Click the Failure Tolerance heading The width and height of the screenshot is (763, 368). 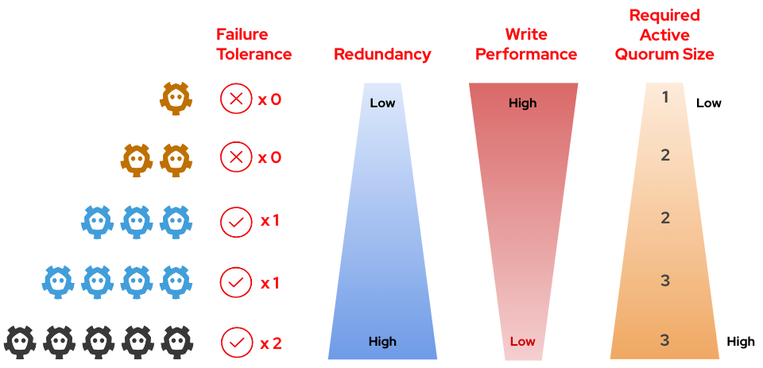click(254, 45)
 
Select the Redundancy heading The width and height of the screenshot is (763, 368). click(382, 55)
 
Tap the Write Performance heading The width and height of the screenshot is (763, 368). click(524, 45)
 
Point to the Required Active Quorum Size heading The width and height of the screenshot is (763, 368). click(664, 35)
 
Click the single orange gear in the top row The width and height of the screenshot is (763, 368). click(176, 99)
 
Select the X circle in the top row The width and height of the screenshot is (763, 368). click(235, 99)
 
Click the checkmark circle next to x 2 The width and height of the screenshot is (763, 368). click(235, 343)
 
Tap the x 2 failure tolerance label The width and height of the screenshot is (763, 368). click(271, 343)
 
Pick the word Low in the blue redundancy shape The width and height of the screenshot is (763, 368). click(382, 103)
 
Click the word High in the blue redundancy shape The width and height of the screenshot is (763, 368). click(382, 342)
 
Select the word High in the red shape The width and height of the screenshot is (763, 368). click(523, 103)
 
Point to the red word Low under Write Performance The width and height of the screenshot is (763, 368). click(522, 342)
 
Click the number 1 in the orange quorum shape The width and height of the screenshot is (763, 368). click(665, 97)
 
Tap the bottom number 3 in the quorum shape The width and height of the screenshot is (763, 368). click(665, 340)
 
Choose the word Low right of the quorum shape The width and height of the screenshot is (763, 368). click(709, 103)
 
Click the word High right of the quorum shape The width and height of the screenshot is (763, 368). click(741, 342)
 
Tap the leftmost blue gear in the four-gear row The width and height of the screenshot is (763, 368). click(58, 281)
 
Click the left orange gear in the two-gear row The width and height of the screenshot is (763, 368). click(137, 160)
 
